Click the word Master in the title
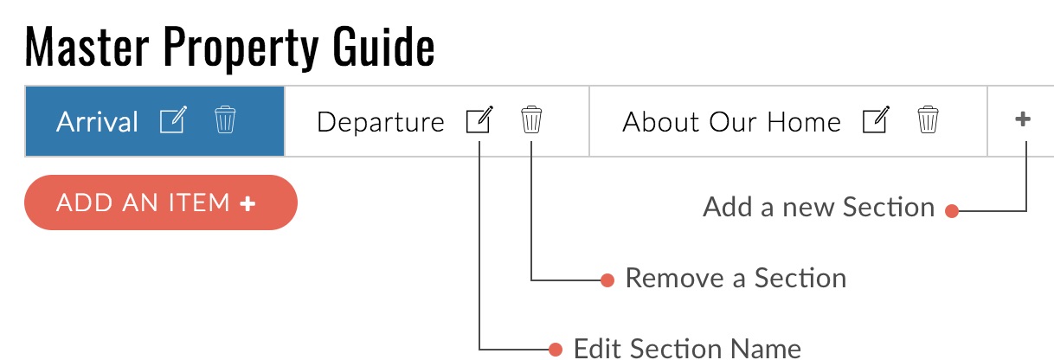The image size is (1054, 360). pos(87,47)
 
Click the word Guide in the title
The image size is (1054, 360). pos(383,47)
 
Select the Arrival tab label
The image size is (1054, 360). pos(97,122)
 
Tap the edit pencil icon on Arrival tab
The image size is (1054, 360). pos(173,119)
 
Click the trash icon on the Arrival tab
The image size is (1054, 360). pos(225,119)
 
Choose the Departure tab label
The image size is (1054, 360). pos(381,123)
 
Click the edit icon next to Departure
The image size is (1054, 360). pos(479,119)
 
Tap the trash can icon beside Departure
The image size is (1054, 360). pos(531,119)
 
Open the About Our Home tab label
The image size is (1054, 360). pos(732,122)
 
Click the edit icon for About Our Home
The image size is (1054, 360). pos(876,119)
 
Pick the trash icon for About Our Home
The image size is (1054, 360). pos(928,119)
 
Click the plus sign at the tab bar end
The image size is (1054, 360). pos(1023,119)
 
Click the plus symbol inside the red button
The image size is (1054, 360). pos(247,203)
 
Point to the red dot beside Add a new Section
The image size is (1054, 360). pos(952,211)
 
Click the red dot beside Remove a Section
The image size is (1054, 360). pos(607,280)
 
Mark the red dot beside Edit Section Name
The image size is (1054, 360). pos(556,350)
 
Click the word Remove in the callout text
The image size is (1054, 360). pos(675,278)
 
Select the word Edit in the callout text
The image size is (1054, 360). pos(598,349)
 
